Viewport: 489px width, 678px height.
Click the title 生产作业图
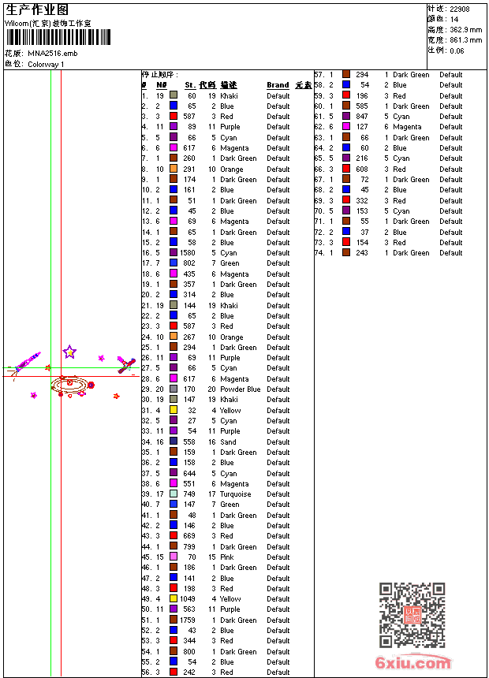(37, 9)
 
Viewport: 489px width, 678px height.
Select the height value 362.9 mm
(465, 29)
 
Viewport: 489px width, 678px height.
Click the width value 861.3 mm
(465, 39)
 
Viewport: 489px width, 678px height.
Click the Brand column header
(278, 85)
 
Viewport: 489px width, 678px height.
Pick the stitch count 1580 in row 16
(188, 253)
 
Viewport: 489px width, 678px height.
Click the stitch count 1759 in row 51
(188, 620)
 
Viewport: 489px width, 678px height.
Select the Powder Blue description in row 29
(240, 389)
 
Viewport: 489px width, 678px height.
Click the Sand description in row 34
(228, 442)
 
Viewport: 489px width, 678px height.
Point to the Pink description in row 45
(227, 557)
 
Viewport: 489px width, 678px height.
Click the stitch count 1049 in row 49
(188, 599)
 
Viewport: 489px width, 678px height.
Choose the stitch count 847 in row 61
(361, 117)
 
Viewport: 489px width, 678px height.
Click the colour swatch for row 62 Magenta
(346, 127)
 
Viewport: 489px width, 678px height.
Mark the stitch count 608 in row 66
(361, 169)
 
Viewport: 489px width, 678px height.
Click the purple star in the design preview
(69, 352)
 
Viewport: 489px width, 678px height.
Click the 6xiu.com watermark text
(412, 663)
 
